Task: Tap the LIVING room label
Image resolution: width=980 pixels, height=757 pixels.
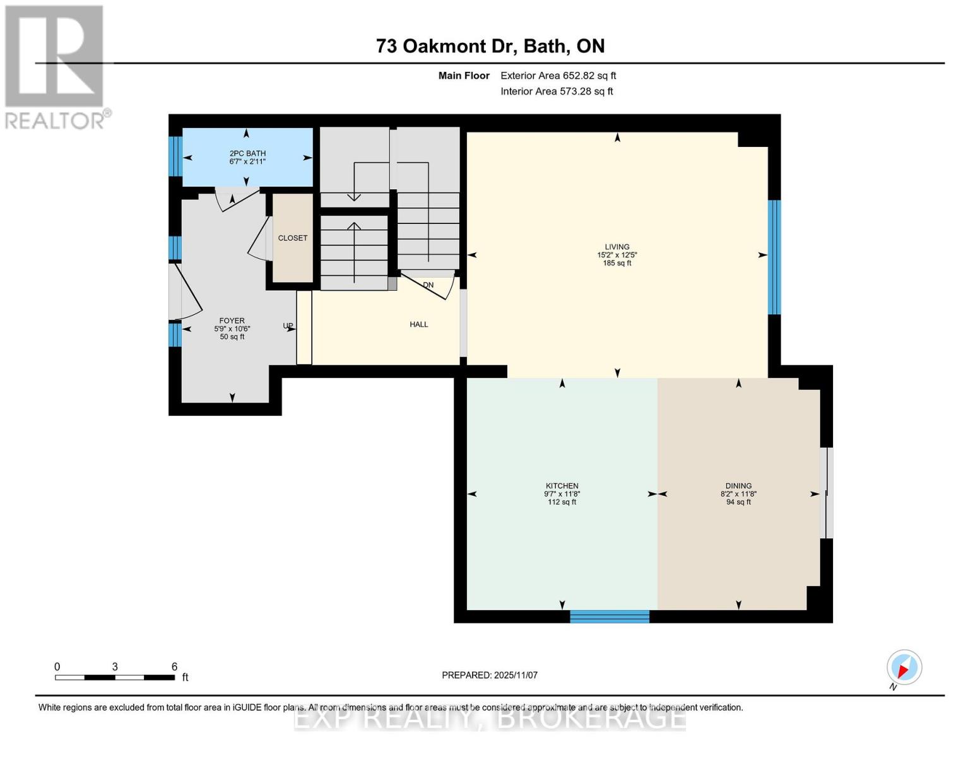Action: (x=617, y=247)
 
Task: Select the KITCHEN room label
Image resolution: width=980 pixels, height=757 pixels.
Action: (x=562, y=486)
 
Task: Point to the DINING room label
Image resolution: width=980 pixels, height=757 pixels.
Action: (x=738, y=486)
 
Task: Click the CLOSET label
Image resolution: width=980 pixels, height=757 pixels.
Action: (x=293, y=238)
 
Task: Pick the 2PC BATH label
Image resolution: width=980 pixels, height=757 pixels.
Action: (x=247, y=153)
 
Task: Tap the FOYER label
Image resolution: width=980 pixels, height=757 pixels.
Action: (x=232, y=321)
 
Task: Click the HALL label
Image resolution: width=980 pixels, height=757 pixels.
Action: (x=418, y=324)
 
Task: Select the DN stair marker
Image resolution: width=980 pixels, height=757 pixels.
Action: (x=428, y=285)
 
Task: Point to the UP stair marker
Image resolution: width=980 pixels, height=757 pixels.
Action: (x=288, y=326)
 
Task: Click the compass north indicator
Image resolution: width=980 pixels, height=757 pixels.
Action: (x=904, y=668)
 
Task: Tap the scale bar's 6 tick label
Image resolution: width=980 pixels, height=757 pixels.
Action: (x=175, y=667)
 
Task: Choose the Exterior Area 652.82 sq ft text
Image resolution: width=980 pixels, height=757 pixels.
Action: (x=558, y=76)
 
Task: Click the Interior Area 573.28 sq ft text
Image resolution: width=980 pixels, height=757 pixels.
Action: (x=557, y=91)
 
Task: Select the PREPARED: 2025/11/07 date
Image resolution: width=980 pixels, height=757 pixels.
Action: (x=490, y=675)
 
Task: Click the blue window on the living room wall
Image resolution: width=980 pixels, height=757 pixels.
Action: (x=774, y=257)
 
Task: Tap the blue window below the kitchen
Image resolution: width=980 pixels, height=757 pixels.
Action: (x=610, y=616)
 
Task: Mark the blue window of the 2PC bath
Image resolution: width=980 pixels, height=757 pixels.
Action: (x=175, y=156)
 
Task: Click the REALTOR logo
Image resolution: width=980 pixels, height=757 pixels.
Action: (x=56, y=66)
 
